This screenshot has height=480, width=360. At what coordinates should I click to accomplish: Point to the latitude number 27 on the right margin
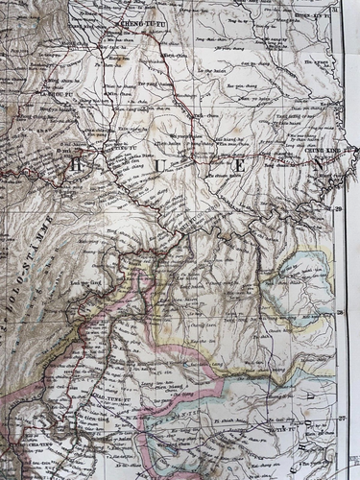coord(340,419)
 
